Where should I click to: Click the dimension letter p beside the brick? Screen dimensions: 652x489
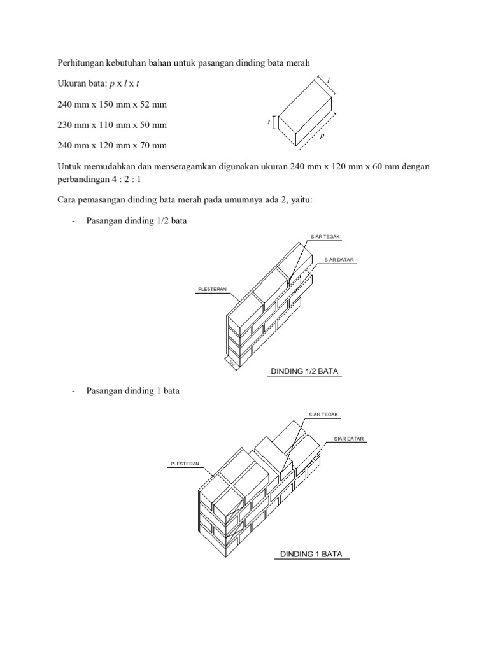(322, 136)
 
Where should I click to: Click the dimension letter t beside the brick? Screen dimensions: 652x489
(270, 120)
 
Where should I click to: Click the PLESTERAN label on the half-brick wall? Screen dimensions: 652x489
(211, 289)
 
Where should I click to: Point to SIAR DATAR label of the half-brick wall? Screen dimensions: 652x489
(339, 260)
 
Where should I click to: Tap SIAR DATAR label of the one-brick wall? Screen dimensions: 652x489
(350, 439)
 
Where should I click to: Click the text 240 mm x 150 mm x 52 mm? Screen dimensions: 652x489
(112, 104)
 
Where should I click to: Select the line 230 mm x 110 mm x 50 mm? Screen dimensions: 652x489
(112, 125)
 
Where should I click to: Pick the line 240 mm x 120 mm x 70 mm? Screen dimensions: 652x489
(112, 145)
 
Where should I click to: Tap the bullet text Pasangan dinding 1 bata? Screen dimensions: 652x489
(132, 391)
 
